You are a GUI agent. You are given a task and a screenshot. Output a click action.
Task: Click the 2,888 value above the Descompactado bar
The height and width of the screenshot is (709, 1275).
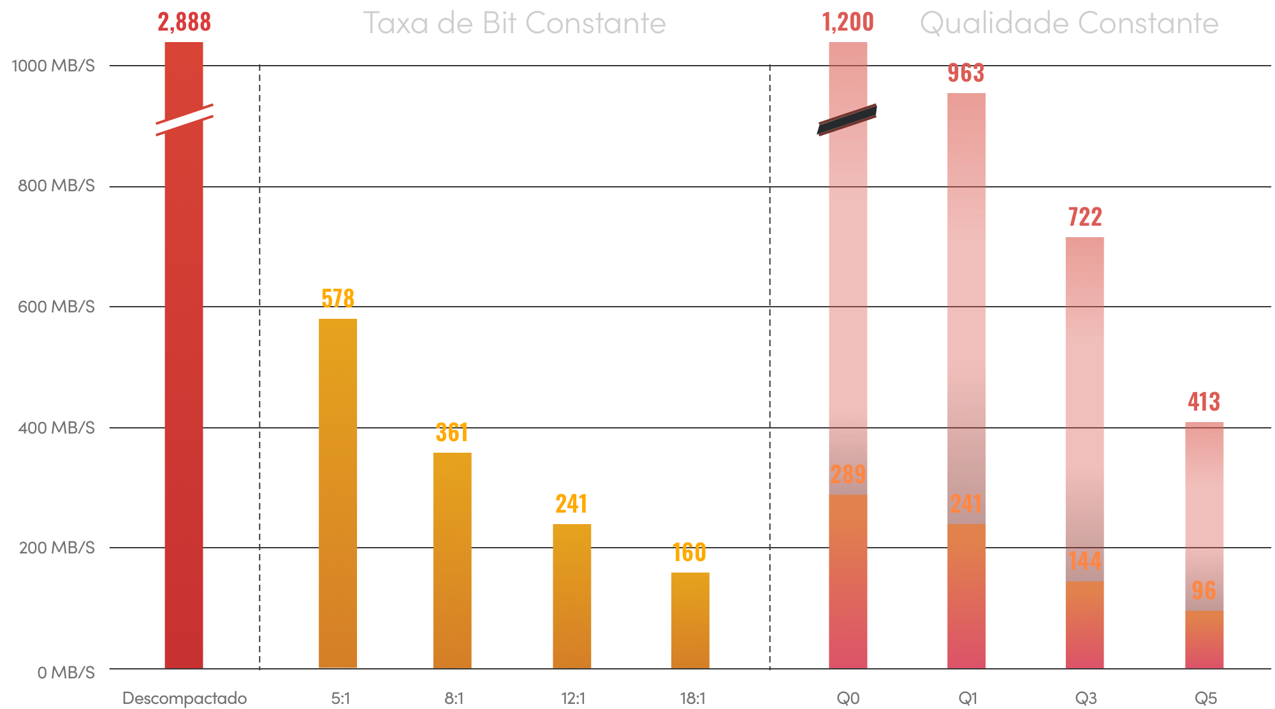coord(184,22)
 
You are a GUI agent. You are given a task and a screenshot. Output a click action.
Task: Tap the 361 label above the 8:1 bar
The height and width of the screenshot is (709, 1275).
coord(452,432)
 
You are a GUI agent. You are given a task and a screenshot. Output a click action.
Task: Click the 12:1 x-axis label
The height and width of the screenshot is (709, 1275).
coord(573,698)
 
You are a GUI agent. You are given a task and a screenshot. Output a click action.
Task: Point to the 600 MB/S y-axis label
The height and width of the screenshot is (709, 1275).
coord(56,307)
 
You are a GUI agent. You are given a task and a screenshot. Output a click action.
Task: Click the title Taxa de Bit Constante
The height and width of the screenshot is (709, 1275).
coord(514,24)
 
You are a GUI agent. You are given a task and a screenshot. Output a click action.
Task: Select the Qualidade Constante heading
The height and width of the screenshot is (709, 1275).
coord(1068,24)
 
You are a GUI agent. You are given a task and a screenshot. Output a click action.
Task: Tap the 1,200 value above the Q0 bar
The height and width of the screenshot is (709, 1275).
coord(848,22)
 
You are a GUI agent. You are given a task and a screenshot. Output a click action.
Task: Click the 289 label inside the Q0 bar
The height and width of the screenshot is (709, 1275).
coord(848,474)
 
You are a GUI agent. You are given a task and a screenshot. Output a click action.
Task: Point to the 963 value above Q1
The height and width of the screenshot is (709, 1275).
coord(966,73)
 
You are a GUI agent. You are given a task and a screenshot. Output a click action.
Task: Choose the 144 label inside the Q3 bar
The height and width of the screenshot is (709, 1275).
coord(1084,561)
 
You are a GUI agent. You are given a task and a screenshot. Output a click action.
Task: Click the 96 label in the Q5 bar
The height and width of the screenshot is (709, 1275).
coord(1204,590)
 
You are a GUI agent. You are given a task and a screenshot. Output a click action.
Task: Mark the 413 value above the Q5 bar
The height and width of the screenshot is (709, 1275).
coord(1204,401)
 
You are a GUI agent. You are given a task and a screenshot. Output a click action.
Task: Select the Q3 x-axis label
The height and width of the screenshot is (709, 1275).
coord(1086,698)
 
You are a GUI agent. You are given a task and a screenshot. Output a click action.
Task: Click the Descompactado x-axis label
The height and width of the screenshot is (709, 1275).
coord(184,698)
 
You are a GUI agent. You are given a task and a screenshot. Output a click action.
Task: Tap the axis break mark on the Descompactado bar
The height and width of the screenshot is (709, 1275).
coord(184,119)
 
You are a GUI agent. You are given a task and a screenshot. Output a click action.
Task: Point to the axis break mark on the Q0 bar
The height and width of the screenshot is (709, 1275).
coord(847,119)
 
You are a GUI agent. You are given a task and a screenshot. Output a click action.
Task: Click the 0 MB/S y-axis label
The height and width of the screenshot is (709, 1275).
coord(66,673)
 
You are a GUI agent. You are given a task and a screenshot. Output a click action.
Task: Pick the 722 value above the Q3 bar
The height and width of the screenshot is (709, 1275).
coord(1084,217)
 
